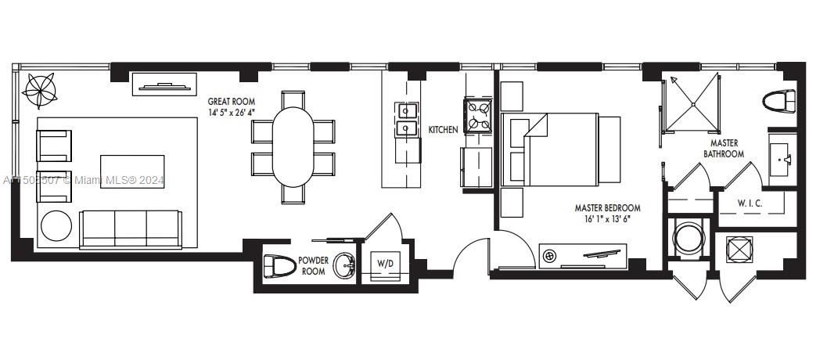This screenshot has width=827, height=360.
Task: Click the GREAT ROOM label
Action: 232,102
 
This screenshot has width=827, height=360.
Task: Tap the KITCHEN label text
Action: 443,130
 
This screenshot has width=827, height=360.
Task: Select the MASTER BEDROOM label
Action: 607,208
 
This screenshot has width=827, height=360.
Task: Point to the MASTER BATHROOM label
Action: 723,149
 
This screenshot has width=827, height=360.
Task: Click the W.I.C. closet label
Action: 750,203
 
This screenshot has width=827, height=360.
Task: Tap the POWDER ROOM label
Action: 313,266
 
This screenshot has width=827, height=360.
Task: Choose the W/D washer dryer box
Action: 386,265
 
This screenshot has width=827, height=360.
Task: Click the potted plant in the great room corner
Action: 38,90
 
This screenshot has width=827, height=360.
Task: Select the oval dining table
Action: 293,147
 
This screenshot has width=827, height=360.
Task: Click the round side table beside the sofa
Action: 56,226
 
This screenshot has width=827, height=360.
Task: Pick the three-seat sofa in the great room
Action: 130,228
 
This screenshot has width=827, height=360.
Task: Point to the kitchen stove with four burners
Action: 478,115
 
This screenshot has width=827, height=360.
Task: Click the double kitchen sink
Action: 407,120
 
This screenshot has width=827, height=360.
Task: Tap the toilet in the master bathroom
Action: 779,101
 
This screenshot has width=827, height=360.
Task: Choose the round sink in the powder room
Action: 344,266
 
